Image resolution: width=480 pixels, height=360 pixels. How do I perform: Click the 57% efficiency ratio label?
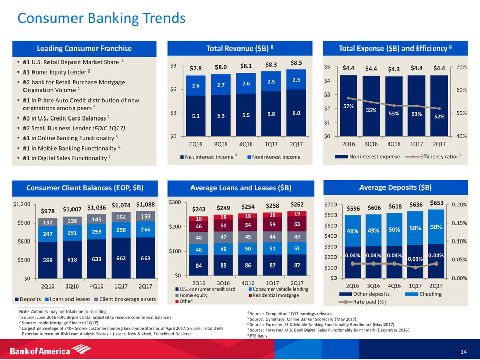tap(348, 106)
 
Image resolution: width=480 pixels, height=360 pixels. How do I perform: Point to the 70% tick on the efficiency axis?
tap(463, 67)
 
